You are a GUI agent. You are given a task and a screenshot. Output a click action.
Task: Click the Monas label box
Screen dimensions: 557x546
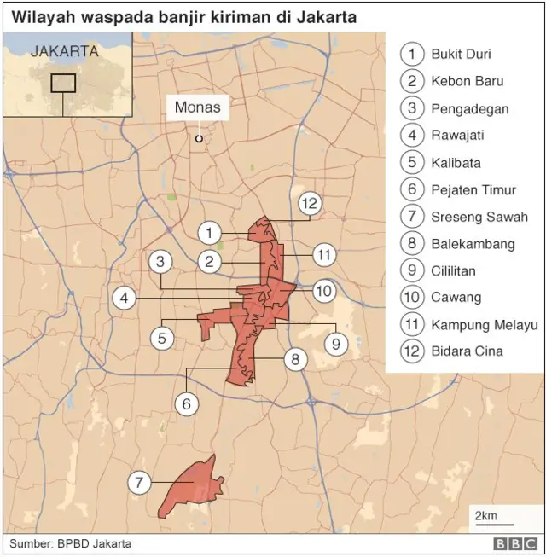(x=198, y=107)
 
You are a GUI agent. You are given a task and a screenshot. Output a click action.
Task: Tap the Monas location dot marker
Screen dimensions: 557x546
(x=199, y=138)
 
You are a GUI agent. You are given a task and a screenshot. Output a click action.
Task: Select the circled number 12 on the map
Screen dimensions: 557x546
(x=309, y=203)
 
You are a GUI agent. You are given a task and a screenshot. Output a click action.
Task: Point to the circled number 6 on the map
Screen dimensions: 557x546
(x=186, y=403)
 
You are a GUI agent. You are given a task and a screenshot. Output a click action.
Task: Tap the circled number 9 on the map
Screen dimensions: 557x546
(x=335, y=344)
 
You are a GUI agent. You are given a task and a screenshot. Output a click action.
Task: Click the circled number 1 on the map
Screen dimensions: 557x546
(x=209, y=232)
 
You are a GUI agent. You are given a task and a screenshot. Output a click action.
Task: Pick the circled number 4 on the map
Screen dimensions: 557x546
(x=125, y=299)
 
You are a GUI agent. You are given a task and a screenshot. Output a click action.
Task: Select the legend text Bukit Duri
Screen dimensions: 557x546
(x=461, y=55)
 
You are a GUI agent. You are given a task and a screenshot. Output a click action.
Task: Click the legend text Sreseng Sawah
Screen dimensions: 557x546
(x=479, y=217)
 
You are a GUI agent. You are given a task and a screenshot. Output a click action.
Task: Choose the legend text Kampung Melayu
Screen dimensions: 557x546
(x=485, y=324)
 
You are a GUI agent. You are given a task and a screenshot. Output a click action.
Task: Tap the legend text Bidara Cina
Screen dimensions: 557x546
(x=467, y=351)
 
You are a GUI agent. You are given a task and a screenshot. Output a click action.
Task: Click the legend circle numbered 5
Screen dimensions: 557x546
(x=412, y=163)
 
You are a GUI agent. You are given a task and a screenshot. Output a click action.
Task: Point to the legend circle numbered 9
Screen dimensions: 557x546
(x=412, y=271)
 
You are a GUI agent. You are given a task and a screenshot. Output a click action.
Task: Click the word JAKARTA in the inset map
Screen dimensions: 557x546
(x=64, y=51)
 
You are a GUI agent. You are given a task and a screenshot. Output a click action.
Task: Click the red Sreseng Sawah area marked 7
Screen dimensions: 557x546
(x=192, y=488)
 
